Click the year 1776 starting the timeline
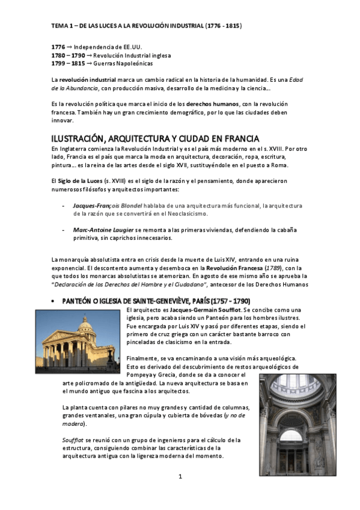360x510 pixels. (58, 47)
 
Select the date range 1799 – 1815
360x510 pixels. (68, 64)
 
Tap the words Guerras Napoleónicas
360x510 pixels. (123, 64)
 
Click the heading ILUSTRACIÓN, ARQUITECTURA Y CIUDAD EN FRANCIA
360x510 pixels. (155, 139)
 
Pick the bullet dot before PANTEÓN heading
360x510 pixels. (53, 301)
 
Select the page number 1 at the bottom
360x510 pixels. (180, 477)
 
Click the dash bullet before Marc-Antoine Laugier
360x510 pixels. (64, 230)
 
